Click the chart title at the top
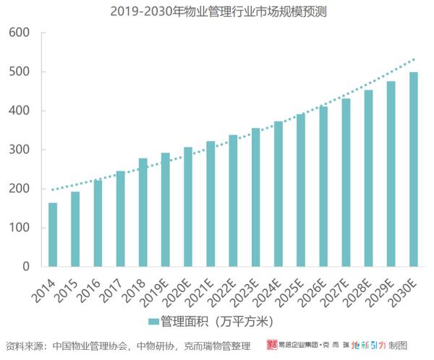217,12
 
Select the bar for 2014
53,234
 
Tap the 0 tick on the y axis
25,267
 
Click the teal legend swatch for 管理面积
153,320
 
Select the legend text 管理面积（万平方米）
216,320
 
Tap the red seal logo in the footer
272,346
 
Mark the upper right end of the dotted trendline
414,59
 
